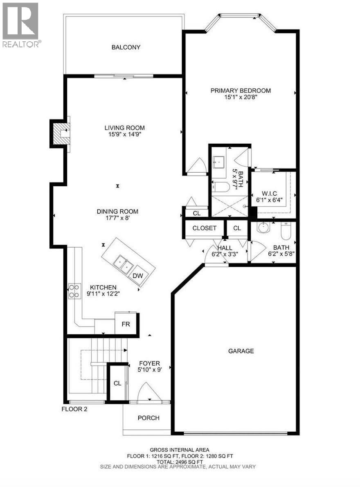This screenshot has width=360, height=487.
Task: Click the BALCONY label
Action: point(126,47)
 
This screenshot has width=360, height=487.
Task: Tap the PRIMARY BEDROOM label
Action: point(241,90)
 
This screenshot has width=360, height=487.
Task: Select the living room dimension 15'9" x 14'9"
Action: point(124,134)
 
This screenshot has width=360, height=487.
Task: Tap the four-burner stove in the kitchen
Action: point(74,291)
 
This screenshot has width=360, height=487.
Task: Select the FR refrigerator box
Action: point(126,323)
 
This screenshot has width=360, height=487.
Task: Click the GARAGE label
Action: point(241,351)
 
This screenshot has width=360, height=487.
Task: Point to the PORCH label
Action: point(148,418)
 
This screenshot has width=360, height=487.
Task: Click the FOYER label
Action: point(149,363)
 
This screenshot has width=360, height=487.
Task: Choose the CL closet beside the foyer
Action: point(117,383)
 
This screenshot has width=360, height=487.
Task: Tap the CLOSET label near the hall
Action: point(204,228)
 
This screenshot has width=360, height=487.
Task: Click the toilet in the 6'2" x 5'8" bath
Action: point(286,232)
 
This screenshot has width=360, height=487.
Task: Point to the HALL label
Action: point(225,248)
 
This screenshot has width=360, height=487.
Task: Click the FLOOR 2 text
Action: point(74,409)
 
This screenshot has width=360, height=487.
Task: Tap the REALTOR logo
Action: point(21,25)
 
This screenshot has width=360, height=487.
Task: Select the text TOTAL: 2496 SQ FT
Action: point(180,461)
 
